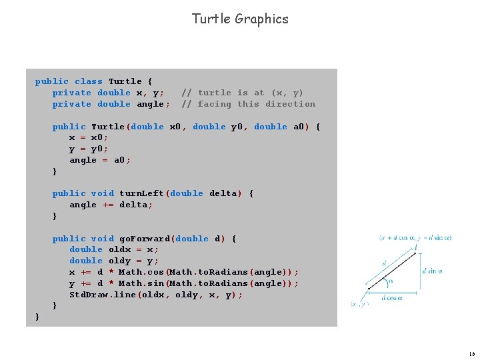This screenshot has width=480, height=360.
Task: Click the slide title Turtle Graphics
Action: coord(240,19)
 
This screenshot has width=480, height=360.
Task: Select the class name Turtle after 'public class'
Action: coord(125,81)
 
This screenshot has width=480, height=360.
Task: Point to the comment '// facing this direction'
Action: coord(248,104)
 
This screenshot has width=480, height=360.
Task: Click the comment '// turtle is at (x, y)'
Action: coord(242,93)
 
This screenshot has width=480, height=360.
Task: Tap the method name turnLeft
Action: coord(142,193)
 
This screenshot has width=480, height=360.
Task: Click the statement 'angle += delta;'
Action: coord(111,205)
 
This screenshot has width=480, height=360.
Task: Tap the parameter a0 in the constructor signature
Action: coord(301,127)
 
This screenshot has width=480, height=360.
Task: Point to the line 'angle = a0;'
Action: coord(100,160)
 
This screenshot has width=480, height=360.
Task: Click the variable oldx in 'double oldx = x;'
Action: coord(119,249)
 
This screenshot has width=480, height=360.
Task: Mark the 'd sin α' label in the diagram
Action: coord(433,271)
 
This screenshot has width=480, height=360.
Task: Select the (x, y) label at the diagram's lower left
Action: coord(359,304)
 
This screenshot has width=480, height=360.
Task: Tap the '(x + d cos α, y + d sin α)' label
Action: coord(415,238)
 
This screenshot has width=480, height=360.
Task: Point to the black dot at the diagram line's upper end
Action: coord(415,251)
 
